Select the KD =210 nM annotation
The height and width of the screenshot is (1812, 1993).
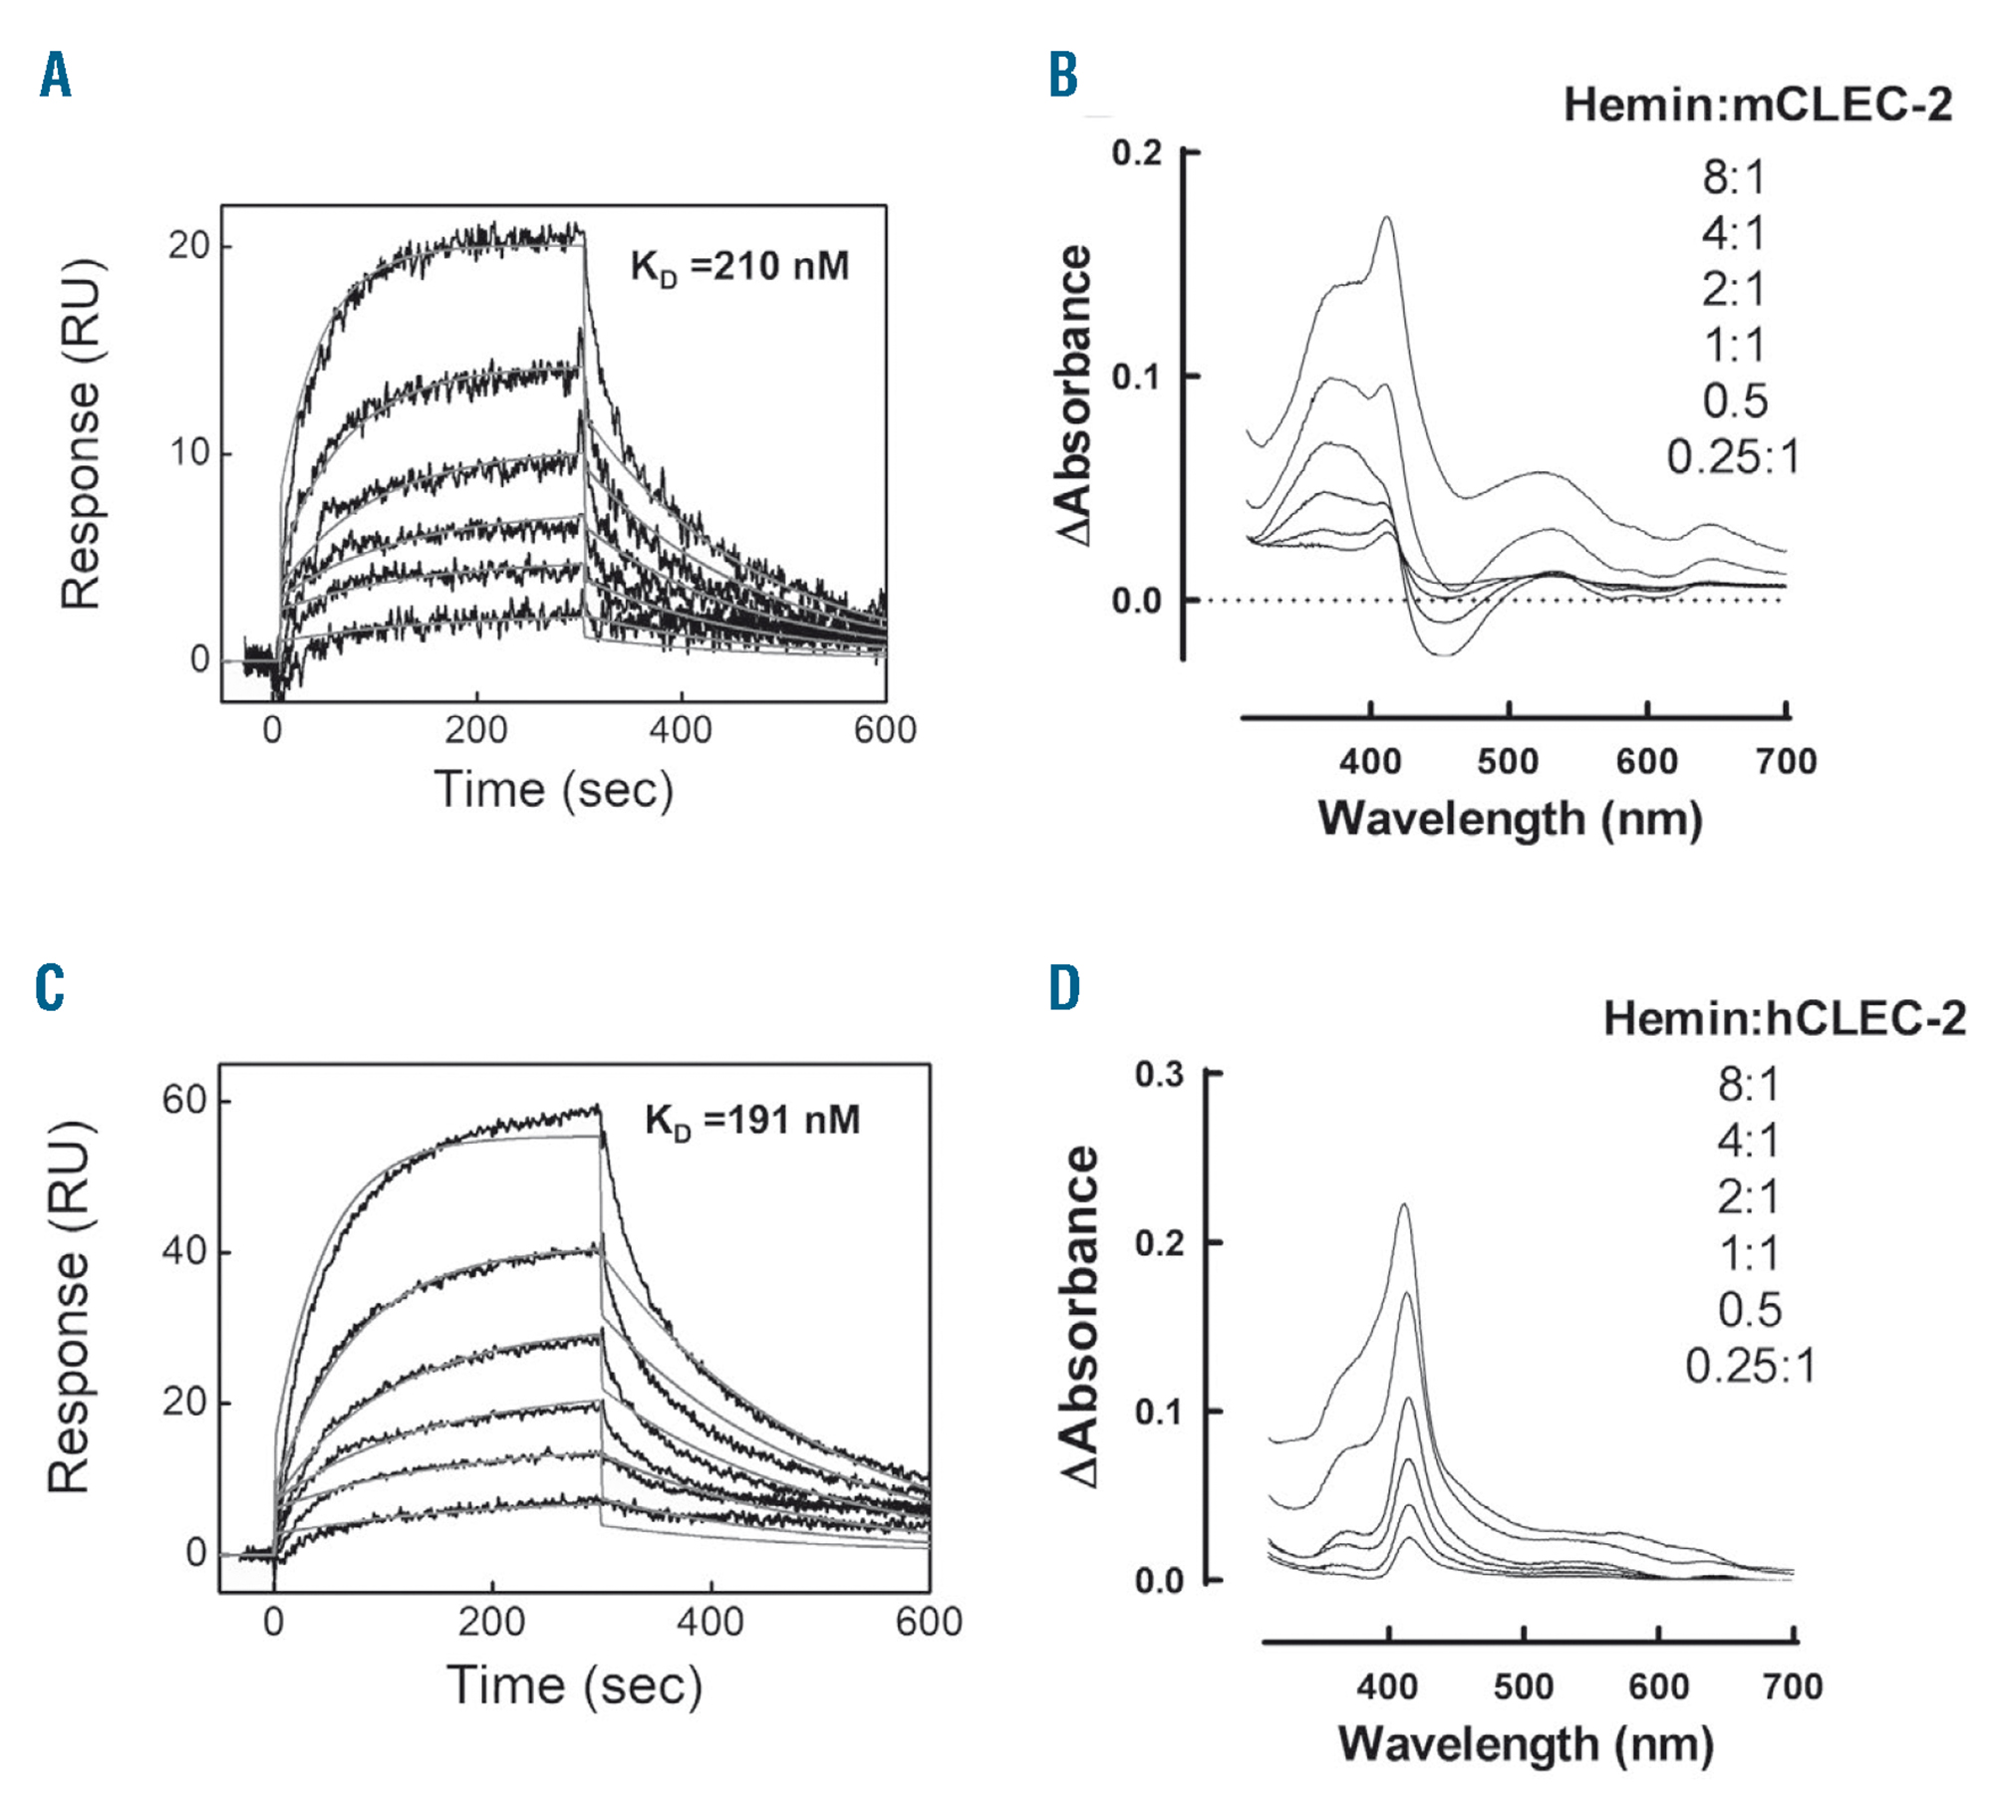(x=739, y=267)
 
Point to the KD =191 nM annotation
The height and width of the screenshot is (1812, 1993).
(x=752, y=1121)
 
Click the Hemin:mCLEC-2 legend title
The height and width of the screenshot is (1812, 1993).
(x=1758, y=105)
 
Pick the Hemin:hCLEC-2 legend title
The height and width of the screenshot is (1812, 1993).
(x=1785, y=1018)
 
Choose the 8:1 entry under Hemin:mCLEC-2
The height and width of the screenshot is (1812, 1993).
(x=1734, y=178)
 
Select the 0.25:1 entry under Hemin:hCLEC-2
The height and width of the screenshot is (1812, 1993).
(x=1750, y=1366)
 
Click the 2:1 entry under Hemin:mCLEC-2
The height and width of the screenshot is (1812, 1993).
(x=1734, y=290)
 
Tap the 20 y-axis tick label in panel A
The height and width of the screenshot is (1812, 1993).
(x=188, y=245)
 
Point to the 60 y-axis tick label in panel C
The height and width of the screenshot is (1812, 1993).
(x=184, y=1101)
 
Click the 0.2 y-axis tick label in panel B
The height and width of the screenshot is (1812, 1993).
(x=1137, y=153)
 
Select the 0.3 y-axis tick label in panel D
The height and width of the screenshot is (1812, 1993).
(x=1159, y=1074)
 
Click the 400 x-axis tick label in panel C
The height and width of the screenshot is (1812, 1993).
(x=710, y=1622)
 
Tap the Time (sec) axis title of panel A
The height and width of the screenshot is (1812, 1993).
(x=554, y=790)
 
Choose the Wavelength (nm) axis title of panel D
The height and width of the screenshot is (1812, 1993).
(x=1526, y=1744)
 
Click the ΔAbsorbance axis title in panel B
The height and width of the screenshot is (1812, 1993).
(x=1075, y=395)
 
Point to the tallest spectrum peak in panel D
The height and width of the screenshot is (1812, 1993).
(x=1404, y=1207)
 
